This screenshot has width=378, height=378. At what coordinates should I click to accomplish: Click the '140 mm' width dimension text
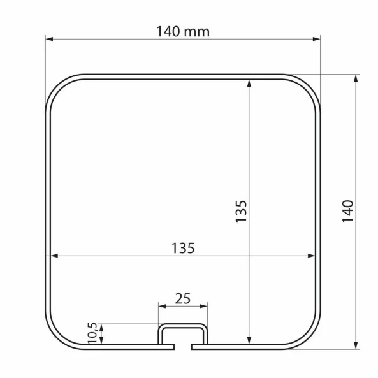point(183,30)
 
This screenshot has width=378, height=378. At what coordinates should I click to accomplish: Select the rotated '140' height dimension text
point(347,211)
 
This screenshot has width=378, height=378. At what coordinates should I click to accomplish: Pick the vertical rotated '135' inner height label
point(241,211)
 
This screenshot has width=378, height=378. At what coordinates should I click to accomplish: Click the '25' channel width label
point(182,298)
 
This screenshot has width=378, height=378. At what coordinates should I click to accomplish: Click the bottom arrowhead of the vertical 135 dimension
point(249,340)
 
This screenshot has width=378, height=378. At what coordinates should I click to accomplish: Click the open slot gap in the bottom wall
point(184,348)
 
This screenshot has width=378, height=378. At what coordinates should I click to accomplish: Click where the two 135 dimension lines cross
point(249,256)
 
